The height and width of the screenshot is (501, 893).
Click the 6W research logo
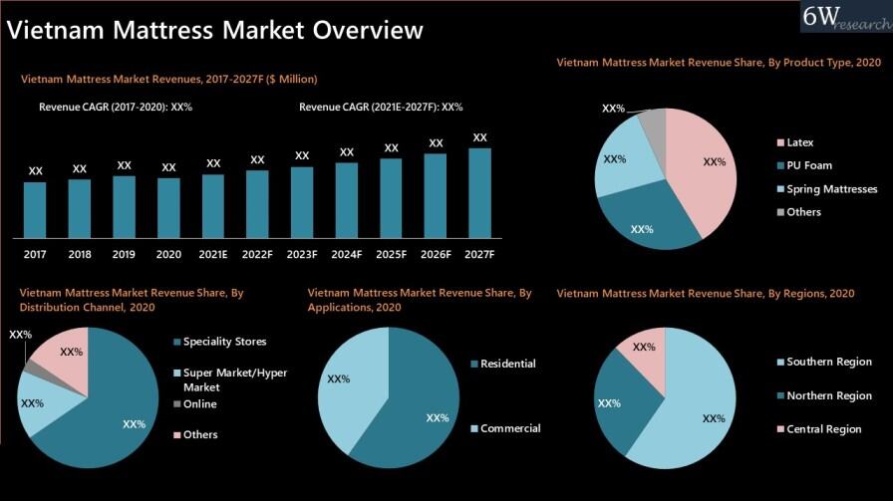[845, 18]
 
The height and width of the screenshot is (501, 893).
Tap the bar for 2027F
[479, 193]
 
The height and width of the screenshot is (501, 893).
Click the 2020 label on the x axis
[168, 255]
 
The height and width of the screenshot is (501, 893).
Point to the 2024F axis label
[346, 255]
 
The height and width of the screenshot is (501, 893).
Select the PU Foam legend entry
[808, 165]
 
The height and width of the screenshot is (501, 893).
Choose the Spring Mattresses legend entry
[831, 189]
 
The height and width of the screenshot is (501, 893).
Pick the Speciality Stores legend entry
[224, 342]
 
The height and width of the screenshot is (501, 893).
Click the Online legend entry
[199, 404]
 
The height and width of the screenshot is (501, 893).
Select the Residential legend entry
[507, 364]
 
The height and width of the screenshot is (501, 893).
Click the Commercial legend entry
[510, 428]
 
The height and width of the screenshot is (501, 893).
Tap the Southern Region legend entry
[828, 362]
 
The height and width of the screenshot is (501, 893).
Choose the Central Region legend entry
[823, 429]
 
